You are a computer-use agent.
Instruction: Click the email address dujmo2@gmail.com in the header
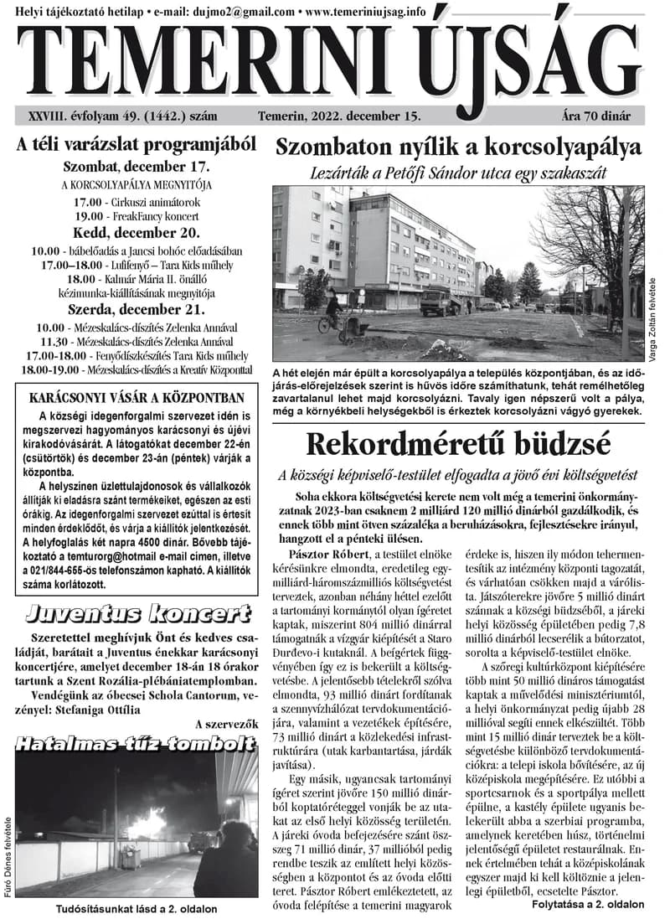243,13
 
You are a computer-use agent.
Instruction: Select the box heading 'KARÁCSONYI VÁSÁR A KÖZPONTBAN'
136,397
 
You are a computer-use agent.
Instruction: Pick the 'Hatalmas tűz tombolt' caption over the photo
134,743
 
